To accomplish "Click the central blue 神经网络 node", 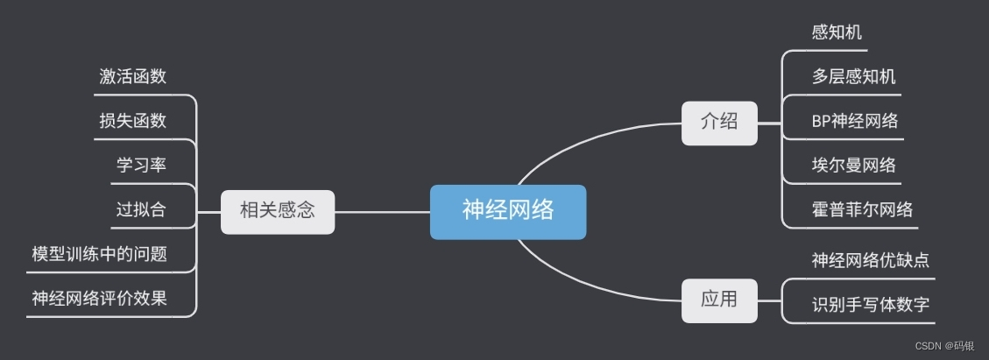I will [507, 211].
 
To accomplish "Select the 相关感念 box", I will [277, 211].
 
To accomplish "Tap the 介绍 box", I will [718, 123].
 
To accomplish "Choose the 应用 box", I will [718, 300].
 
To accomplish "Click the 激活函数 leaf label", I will [133, 76].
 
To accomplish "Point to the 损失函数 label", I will [133, 121].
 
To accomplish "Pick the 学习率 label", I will [141, 166].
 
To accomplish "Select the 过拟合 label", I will [141, 210].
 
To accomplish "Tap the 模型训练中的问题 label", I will [99, 255].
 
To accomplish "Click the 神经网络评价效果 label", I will [99, 300].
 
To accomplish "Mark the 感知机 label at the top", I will [837, 32].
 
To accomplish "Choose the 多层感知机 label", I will [853, 77].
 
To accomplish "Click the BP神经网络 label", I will [854, 122].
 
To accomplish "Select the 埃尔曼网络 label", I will [853, 166].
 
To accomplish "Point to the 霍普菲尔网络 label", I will [862, 210].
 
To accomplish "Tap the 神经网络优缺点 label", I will [870, 260].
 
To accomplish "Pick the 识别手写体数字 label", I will [870, 305].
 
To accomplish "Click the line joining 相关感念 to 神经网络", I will [382, 212].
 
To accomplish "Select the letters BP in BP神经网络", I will [821, 122].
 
